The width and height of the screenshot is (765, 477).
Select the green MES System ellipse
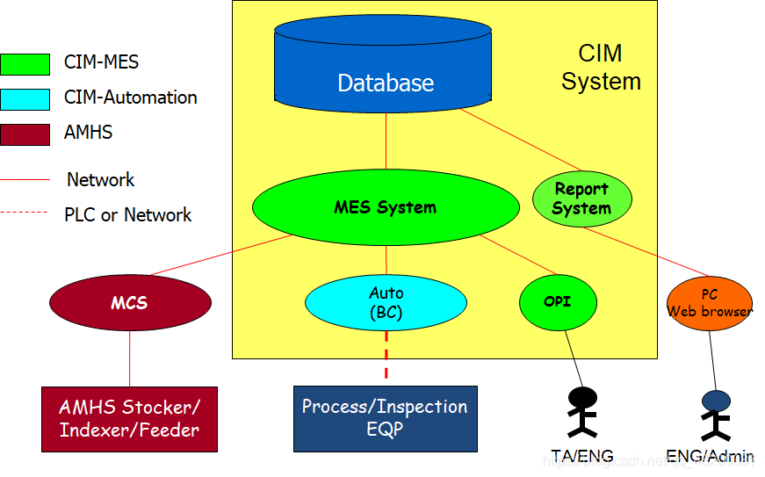pyautogui.click(x=386, y=207)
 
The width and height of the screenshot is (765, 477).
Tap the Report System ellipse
pyautogui.click(x=581, y=199)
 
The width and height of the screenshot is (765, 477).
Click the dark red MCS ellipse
pyautogui.click(x=130, y=303)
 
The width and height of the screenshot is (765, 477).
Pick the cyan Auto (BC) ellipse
pyautogui.click(x=386, y=302)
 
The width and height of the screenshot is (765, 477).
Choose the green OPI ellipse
pyautogui.click(x=557, y=302)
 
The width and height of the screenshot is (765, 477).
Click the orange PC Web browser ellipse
pyautogui.click(x=710, y=303)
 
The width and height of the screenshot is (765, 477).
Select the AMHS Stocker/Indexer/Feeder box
pyautogui.click(x=129, y=419)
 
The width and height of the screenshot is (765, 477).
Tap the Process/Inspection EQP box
pyautogui.click(x=385, y=418)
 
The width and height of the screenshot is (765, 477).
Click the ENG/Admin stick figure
pyautogui.click(x=716, y=414)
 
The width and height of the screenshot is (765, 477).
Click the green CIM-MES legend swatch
pyautogui.click(x=25, y=63)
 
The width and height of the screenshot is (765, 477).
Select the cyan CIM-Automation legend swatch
pyautogui.click(x=25, y=99)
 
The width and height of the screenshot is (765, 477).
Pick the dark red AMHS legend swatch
pyautogui.click(x=25, y=134)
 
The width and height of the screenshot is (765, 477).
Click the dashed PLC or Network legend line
pyautogui.click(x=25, y=213)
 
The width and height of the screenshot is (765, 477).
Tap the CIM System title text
pyautogui.click(x=601, y=68)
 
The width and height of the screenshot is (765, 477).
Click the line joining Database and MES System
pyautogui.click(x=386, y=141)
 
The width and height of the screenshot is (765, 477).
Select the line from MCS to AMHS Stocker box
pyautogui.click(x=130, y=357)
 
